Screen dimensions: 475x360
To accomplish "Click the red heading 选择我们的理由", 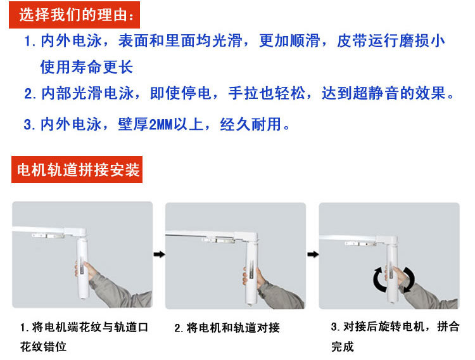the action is [x=74, y=15].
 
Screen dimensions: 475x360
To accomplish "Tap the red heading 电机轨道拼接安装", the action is [x=77, y=169].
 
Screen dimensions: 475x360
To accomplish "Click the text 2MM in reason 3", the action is [x=161, y=124].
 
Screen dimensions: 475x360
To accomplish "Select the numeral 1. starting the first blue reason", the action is [x=30, y=41].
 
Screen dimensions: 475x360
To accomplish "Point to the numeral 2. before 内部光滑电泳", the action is [x=30, y=94].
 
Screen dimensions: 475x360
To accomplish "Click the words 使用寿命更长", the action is [x=87, y=67].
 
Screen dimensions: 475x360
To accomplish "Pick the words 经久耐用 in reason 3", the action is [x=251, y=124].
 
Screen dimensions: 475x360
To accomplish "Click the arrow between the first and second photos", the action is [x=159, y=254].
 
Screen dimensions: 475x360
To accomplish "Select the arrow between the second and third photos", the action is [x=313, y=254].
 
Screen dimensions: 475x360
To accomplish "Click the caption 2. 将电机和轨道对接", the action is [x=227, y=328].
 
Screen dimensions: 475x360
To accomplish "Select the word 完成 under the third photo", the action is [x=343, y=347].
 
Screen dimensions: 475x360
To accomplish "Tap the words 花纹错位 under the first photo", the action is [x=43, y=346].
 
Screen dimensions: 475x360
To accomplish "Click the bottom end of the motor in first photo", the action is [x=84, y=297].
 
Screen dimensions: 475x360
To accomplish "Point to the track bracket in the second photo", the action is [x=218, y=240].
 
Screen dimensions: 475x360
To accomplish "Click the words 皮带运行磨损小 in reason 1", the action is [x=391, y=41].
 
